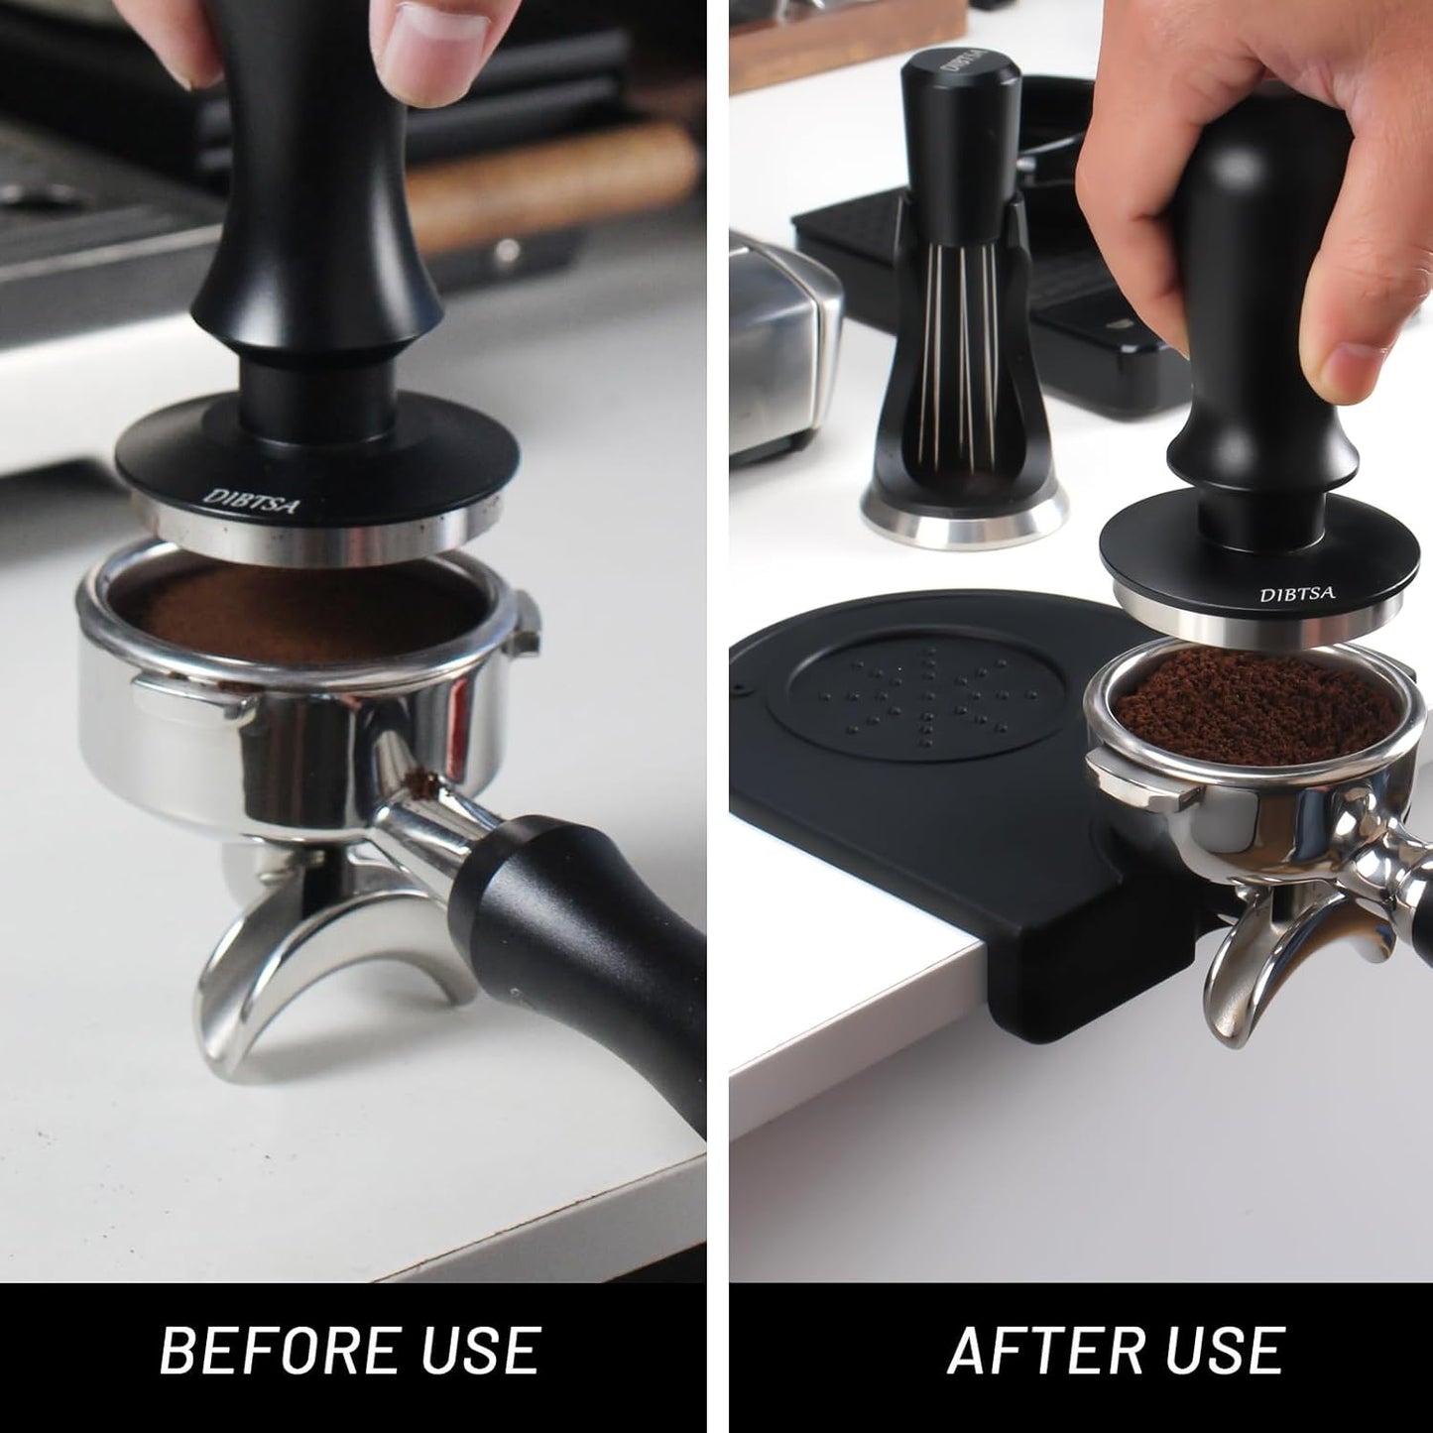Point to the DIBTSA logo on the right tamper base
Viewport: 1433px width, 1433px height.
click(x=1297, y=595)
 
